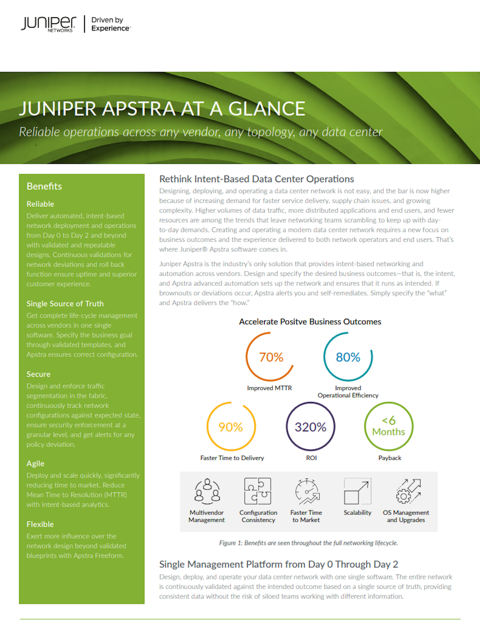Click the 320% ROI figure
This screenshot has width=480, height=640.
[310, 427]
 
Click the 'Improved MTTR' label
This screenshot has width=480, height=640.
[269, 388]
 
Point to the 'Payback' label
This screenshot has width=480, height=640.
[390, 458]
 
